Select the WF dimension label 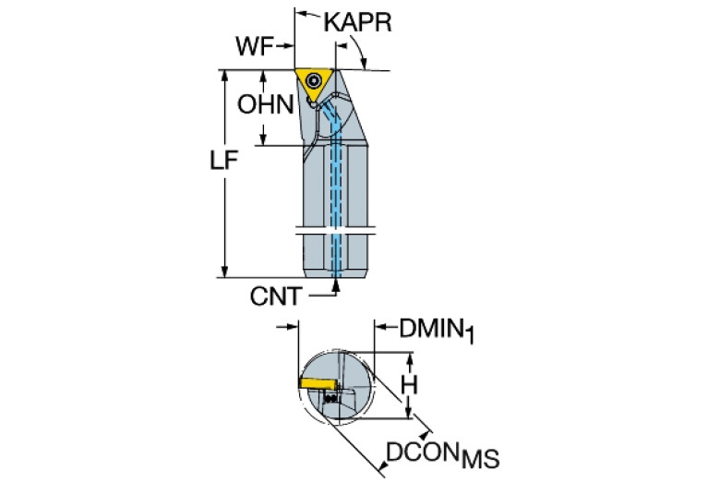tap(256, 44)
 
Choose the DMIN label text tap(429, 328)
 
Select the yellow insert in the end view tap(318, 381)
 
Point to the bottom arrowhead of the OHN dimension tap(264, 139)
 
